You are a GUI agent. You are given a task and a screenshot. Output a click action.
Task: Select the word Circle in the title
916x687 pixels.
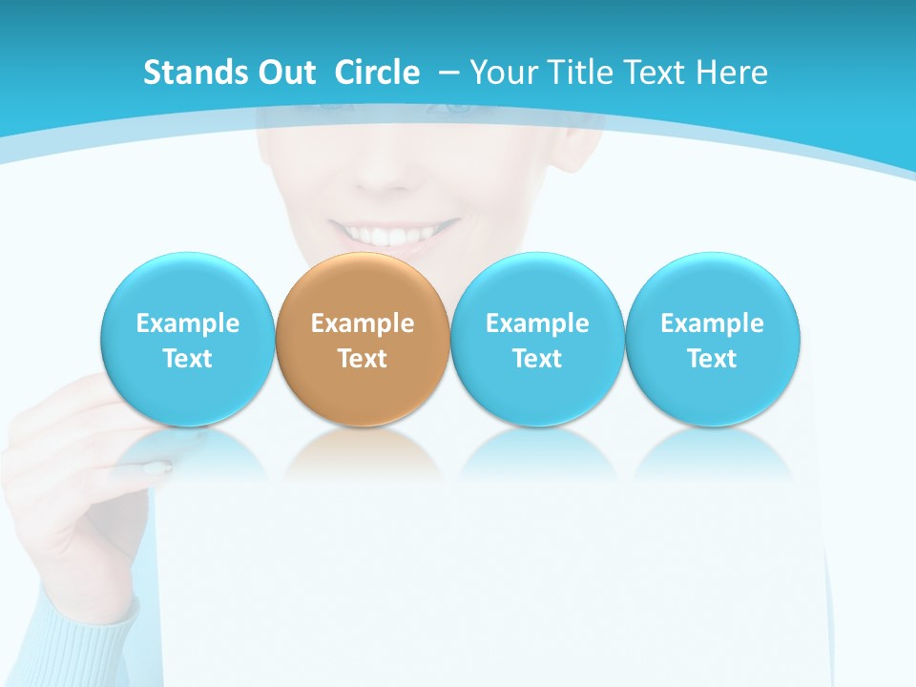pos(377,73)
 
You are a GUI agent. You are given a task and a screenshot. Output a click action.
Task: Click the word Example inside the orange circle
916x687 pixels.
pos(363,323)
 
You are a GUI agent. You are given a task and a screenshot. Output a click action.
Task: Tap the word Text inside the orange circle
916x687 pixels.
pos(363,359)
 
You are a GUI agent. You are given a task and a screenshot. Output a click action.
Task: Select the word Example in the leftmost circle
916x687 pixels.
pos(187,323)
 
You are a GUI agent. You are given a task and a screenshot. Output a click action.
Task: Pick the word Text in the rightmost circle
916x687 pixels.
pos(713,359)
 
